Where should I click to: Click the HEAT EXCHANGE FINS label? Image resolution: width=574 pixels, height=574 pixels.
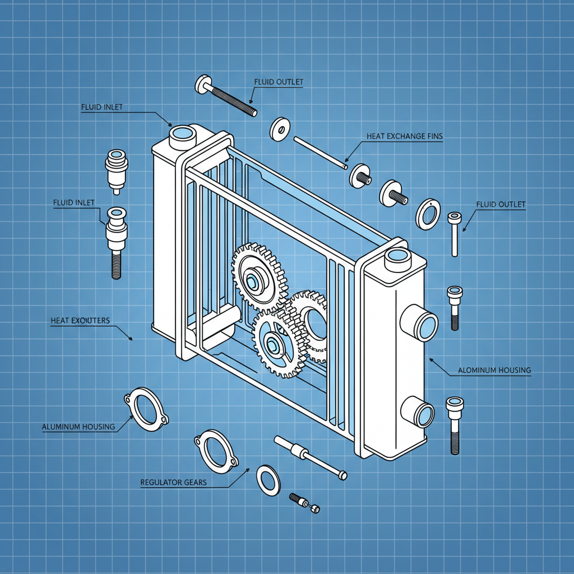[404, 136]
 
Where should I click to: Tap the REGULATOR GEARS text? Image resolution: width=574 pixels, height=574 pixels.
[173, 482]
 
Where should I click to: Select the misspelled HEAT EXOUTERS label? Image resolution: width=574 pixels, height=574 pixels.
[80, 321]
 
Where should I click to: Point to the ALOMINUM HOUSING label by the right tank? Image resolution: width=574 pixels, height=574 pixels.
[494, 371]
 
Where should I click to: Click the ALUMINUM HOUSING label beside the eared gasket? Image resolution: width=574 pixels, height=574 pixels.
[78, 427]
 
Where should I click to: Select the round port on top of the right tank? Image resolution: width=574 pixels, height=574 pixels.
[397, 257]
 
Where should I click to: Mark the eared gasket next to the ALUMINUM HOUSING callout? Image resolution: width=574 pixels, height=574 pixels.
[145, 410]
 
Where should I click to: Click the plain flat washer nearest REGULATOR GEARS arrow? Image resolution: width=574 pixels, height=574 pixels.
[269, 480]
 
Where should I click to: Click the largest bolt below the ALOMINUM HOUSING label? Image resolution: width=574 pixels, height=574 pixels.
[454, 424]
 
